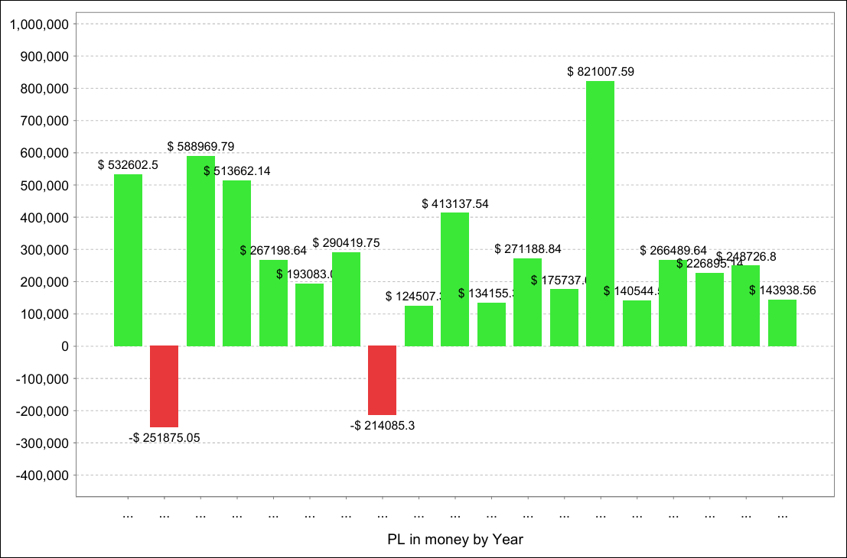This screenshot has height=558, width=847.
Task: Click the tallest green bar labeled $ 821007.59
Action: [600, 213]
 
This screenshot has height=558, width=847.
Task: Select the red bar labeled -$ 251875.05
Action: [165, 386]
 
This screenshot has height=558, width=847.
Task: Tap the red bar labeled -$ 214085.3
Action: [383, 380]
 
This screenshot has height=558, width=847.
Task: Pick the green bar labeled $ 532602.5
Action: [128, 260]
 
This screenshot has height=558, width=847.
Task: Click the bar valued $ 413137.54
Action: [455, 279]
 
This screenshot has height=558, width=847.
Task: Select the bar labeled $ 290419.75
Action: [346, 299]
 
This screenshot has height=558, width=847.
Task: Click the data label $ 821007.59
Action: [601, 72]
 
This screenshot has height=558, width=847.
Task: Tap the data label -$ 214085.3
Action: [383, 426]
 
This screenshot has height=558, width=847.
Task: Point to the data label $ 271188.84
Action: [528, 249]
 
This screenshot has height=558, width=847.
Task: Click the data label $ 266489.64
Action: [673, 250]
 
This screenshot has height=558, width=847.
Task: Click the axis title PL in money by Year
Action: [455, 540]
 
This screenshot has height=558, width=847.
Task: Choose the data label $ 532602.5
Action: [129, 165]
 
